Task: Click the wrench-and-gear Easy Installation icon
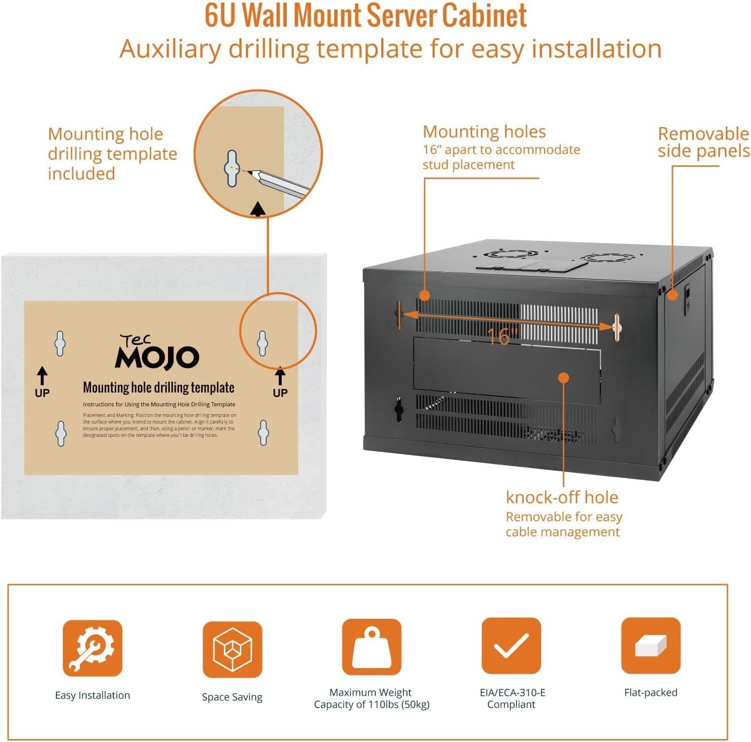pos(92,648)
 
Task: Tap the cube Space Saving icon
pos(232,650)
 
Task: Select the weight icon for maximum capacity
pos(371,647)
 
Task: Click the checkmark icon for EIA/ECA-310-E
pos(511,646)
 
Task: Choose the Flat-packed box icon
pos(650,646)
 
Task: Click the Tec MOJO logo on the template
pos(157,353)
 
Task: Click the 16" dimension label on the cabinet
pos(502,336)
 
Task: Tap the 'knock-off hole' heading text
pos(562,497)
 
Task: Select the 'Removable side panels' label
pos(703,142)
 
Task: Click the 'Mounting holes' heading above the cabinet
pos(484,132)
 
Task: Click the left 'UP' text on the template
pos(42,393)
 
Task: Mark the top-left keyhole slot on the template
pos(60,343)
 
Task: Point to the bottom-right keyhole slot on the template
pos(263,432)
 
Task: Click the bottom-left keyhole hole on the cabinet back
pos(399,410)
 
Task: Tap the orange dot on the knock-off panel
pos(564,378)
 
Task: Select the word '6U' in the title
pos(220,16)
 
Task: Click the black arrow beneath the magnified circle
pos(258,209)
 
